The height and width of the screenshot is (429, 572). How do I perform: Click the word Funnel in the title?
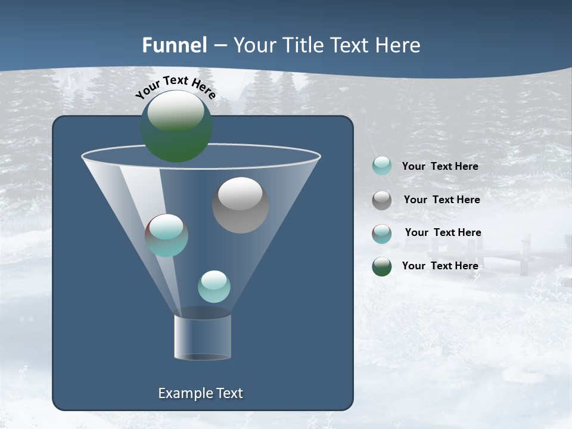pyautogui.click(x=174, y=45)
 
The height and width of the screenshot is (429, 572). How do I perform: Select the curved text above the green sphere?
pyautogui.click(x=176, y=86)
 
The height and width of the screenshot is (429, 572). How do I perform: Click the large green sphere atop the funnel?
pyautogui.click(x=176, y=126)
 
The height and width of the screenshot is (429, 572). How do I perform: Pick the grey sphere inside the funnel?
pyautogui.click(x=240, y=205)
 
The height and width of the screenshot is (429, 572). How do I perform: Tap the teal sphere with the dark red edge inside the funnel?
pyautogui.click(x=166, y=235)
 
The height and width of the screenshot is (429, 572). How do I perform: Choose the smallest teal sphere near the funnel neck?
pyautogui.click(x=214, y=287)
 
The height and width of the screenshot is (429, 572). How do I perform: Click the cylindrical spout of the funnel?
pyautogui.click(x=203, y=337)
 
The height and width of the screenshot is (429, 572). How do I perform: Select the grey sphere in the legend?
pyautogui.click(x=382, y=200)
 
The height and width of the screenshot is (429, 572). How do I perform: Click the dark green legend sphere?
pyautogui.click(x=382, y=266)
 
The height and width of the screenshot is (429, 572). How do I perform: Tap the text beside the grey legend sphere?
pyautogui.click(x=442, y=200)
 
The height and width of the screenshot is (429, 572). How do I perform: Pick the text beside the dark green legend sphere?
pyautogui.click(x=440, y=266)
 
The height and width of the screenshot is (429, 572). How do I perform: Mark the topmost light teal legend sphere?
pyautogui.click(x=382, y=166)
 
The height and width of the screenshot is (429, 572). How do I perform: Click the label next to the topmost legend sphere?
pyautogui.click(x=440, y=166)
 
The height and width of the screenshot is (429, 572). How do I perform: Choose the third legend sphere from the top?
pyautogui.click(x=382, y=234)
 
